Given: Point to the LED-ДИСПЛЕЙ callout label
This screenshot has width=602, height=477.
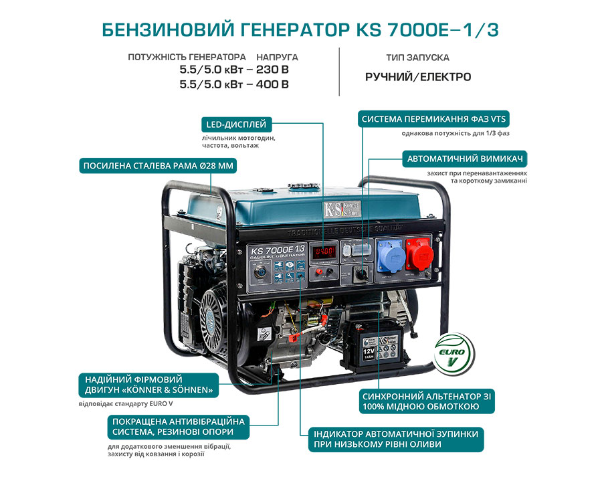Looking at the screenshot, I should (x=236, y=124).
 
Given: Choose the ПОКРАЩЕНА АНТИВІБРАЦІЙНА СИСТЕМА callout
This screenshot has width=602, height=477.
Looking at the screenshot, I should (x=179, y=427).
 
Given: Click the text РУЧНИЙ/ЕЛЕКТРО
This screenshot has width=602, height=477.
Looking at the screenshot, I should (x=418, y=77).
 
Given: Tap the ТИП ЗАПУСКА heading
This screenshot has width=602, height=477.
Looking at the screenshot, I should (x=418, y=58).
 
